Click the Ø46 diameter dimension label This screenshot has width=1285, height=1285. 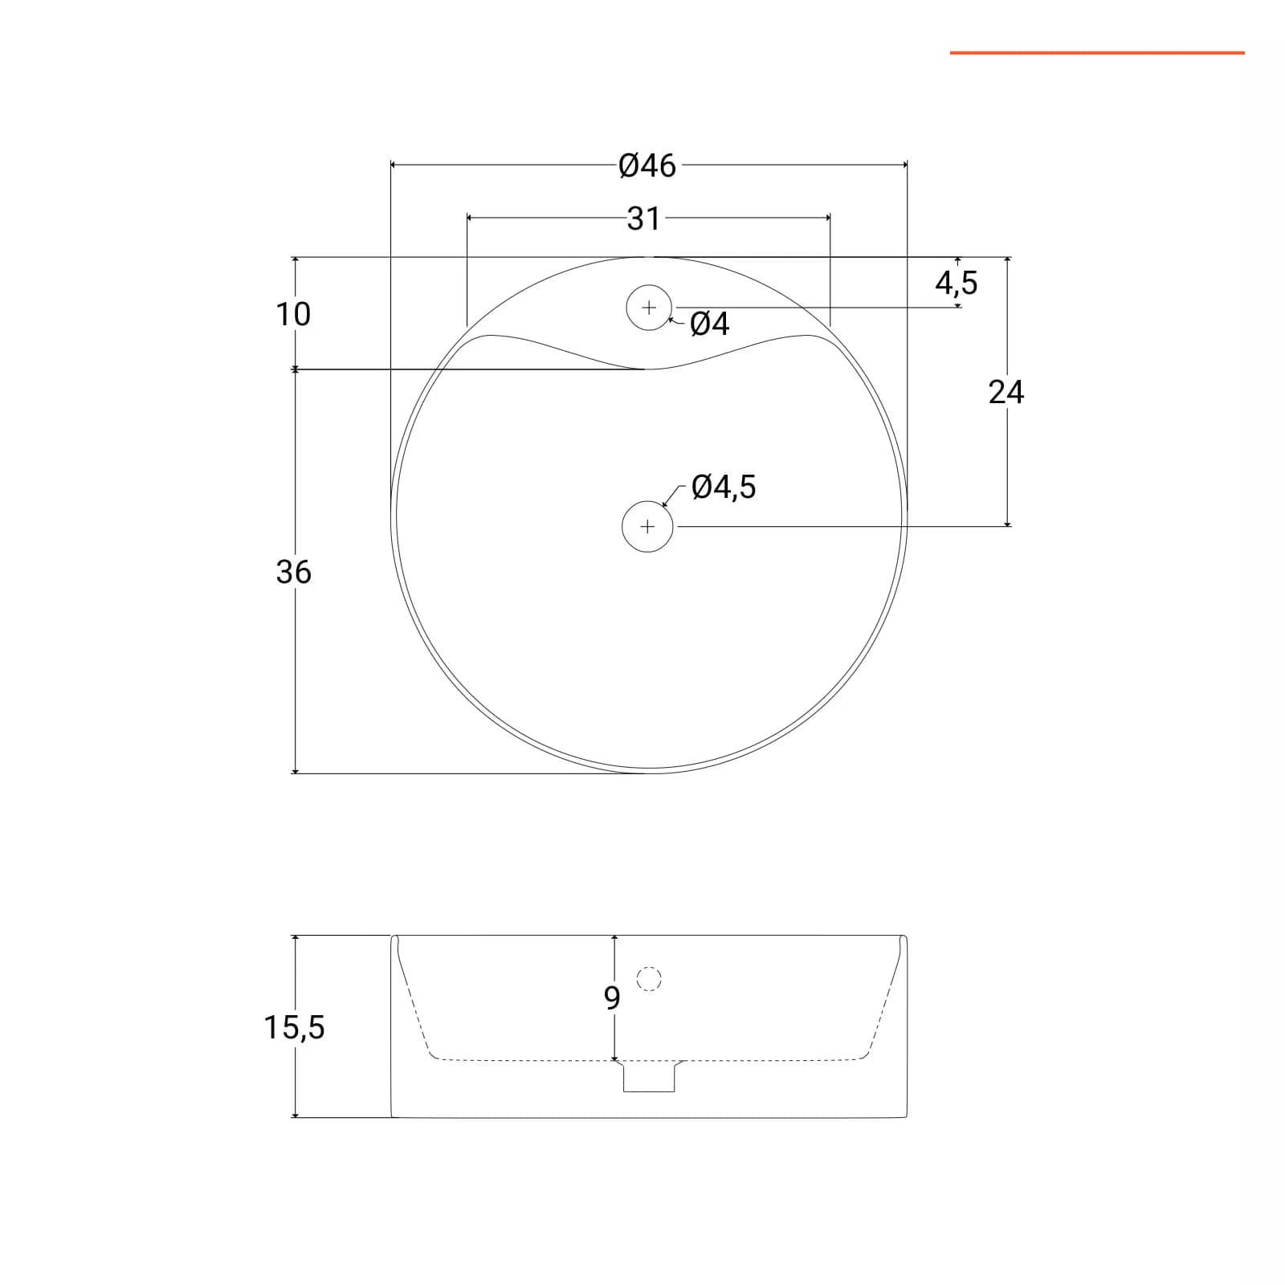(x=647, y=166)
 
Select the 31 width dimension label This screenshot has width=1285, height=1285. (x=644, y=218)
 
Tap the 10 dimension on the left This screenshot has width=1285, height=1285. (x=293, y=314)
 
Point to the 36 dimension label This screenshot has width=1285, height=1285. (x=293, y=572)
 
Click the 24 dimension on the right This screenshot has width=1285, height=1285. (x=1006, y=392)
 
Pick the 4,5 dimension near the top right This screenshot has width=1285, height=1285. (x=957, y=283)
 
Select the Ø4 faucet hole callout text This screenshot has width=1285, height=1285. (x=710, y=324)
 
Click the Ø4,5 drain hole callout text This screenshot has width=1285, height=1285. (x=724, y=487)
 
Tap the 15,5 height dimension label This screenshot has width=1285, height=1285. (x=295, y=1027)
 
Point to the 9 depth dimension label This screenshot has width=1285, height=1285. (x=612, y=998)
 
